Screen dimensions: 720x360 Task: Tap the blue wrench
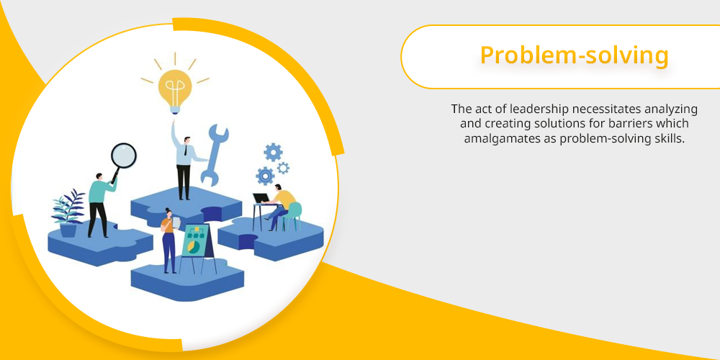click(x=214, y=155)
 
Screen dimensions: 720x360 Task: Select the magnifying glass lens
click(x=124, y=156)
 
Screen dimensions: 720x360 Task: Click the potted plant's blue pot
click(x=68, y=230)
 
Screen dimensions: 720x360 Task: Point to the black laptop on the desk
click(x=261, y=199)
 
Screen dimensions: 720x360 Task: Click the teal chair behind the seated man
click(x=292, y=216)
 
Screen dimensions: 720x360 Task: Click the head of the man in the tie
click(x=186, y=140)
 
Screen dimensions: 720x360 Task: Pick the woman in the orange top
click(x=168, y=240)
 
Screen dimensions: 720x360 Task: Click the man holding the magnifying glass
click(x=99, y=205)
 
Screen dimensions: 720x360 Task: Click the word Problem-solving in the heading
click(x=574, y=56)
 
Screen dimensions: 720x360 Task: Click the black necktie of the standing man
click(x=186, y=150)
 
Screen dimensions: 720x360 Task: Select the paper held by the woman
click(x=177, y=222)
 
